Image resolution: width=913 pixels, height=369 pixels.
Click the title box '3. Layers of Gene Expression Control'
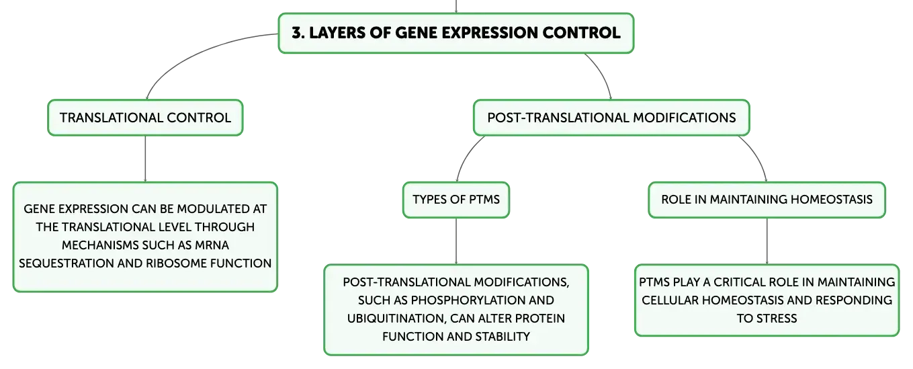coord(455,33)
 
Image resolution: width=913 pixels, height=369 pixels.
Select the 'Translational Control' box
coord(145,118)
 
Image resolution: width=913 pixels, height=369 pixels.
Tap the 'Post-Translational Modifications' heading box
coord(611,118)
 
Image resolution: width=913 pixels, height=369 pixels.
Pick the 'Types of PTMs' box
coord(456,200)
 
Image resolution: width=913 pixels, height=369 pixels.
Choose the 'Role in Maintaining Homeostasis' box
coord(767,200)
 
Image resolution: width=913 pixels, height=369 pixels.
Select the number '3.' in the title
coord(298,33)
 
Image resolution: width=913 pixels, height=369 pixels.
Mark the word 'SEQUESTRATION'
coord(66,263)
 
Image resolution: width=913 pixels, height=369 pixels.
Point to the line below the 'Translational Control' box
coord(145,159)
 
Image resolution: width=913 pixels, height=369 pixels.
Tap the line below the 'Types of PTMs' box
coord(456,241)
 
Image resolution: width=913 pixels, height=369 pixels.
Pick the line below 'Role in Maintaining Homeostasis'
coord(767,241)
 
